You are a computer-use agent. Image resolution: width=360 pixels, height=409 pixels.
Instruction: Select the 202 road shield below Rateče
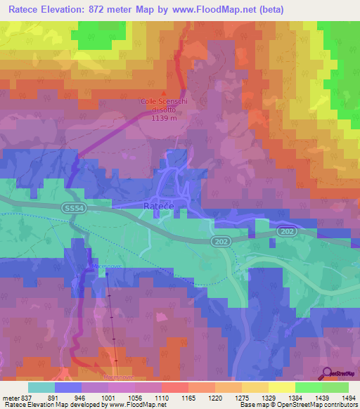(220, 241)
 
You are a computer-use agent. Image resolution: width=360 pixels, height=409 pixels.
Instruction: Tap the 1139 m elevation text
(164, 117)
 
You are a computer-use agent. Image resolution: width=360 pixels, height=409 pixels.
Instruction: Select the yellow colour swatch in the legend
(282, 387)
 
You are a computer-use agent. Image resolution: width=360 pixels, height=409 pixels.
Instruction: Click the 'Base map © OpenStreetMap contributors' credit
(297, 404)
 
